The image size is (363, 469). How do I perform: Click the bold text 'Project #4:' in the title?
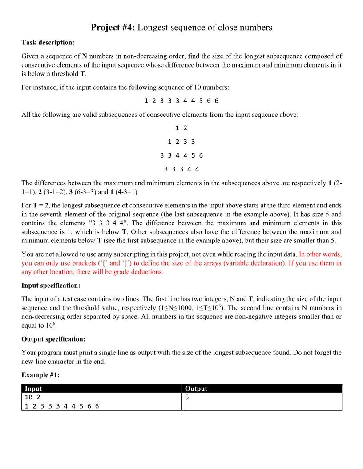point(113,28)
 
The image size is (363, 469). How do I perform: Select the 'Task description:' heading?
point(48,43)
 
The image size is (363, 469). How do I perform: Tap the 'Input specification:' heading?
point(51,285)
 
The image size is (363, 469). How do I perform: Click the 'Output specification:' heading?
point(53,339)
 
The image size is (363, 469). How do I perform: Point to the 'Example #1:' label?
point(40,375)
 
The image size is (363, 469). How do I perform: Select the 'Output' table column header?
point(196,389)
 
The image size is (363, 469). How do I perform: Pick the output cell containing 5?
point(187,397)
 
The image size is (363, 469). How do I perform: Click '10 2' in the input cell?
point(32,397)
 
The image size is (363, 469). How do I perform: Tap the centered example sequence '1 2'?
point(181,128)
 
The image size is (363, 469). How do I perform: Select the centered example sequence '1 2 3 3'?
point(181,142)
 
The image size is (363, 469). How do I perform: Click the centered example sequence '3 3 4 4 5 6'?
point(181,155)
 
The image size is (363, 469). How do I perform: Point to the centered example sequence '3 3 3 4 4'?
point(181,169)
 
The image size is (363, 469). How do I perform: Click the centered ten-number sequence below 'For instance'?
point(181,101)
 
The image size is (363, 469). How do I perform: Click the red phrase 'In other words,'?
point(320,254)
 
